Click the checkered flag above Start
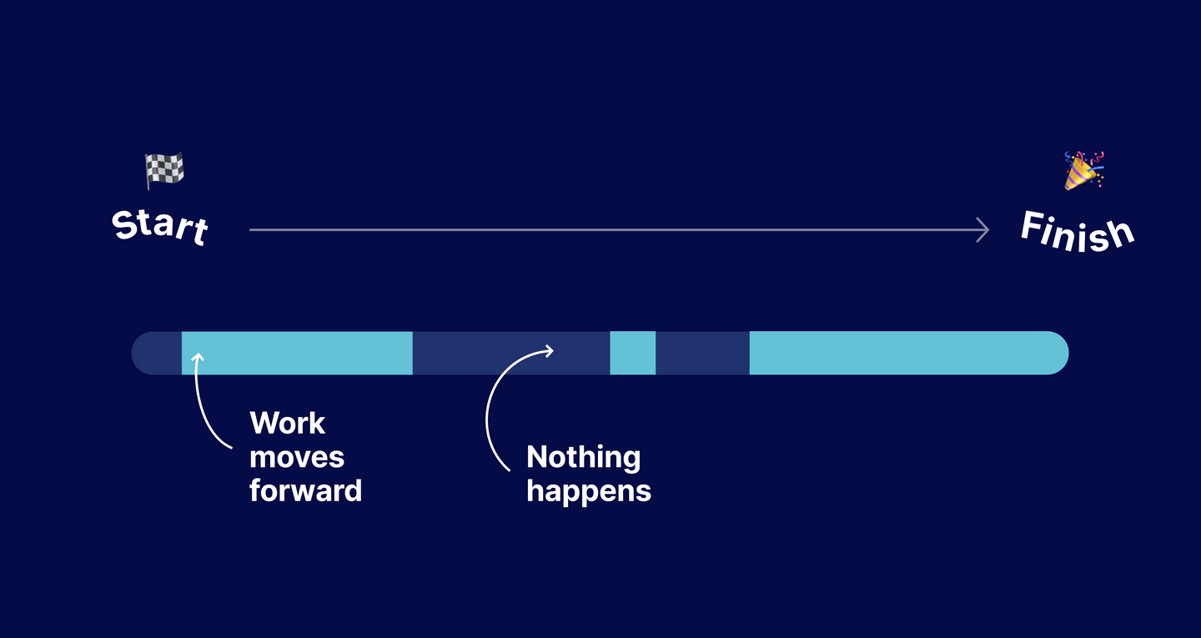click(164, 170)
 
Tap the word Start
click(160, 227)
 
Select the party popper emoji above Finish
click(1083, 170)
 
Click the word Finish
click(1077, 231)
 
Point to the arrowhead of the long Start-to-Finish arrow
click(984, 229)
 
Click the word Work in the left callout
click(287, 423)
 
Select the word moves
click(296, 457)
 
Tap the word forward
click(305, 490)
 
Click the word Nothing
click(583, 457)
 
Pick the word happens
click(588, 490)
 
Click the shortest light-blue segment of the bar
click(632, 353)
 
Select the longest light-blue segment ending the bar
click(907, 353)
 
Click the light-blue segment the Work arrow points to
click(297, 353)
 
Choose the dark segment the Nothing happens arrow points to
click(510, 353)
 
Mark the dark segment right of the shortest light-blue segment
click(702, 353)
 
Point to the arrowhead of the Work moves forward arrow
click(198, 357)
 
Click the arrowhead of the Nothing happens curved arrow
click(550, 350)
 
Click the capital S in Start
click(125, 225)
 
